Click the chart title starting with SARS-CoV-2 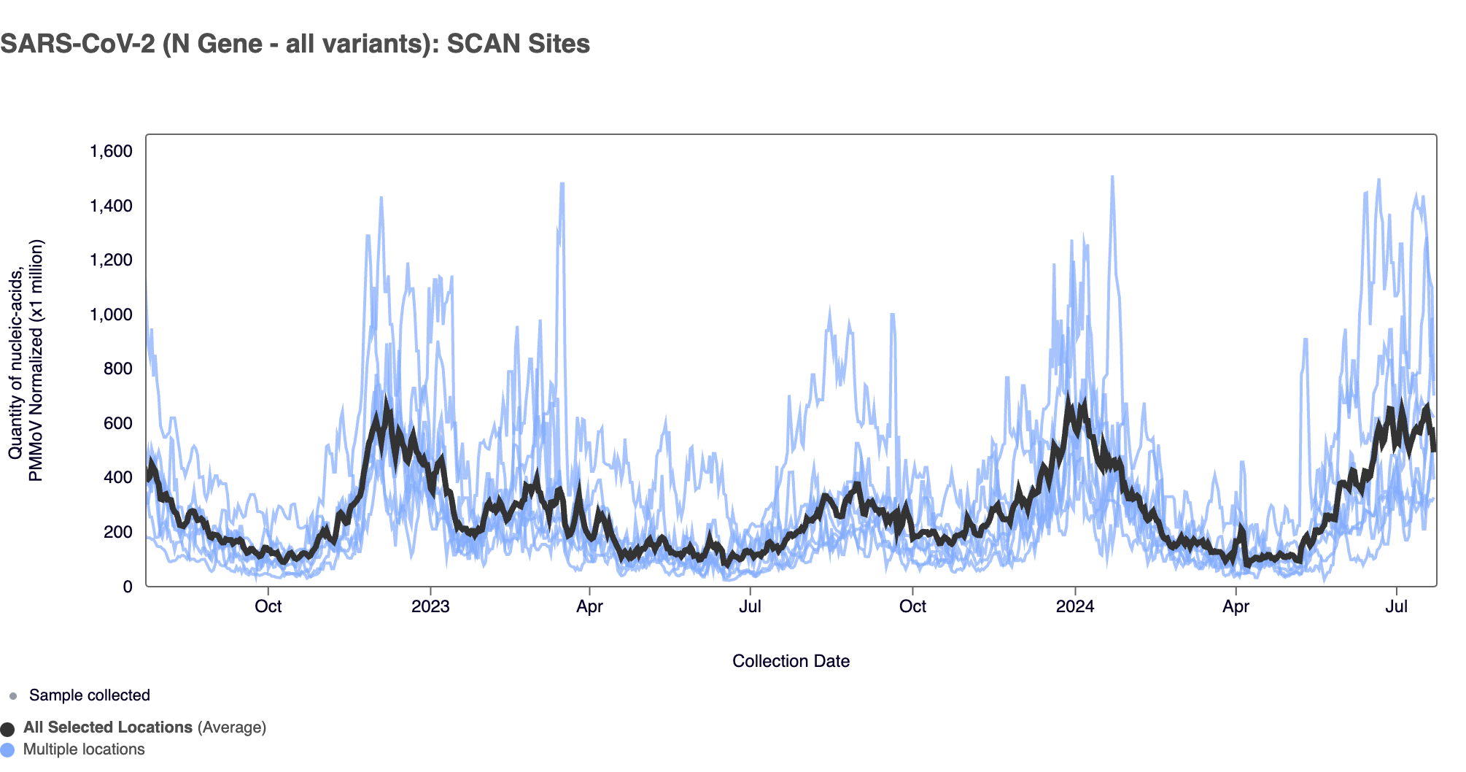[295, 44]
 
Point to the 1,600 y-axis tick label [111, 151]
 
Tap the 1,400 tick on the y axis [111, 206]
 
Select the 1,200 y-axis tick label [111, 260]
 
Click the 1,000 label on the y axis [111, 314]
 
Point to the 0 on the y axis [128, 587]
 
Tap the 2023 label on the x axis [430, 606]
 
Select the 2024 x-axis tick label [1075, 606]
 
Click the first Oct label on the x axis [268, 606]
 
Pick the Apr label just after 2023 [589, 606]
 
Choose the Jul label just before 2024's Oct [750, 606]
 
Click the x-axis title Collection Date [791, 661]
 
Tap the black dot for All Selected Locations [7, 729]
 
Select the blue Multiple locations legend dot [7, 750]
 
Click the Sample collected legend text [89, 695]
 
